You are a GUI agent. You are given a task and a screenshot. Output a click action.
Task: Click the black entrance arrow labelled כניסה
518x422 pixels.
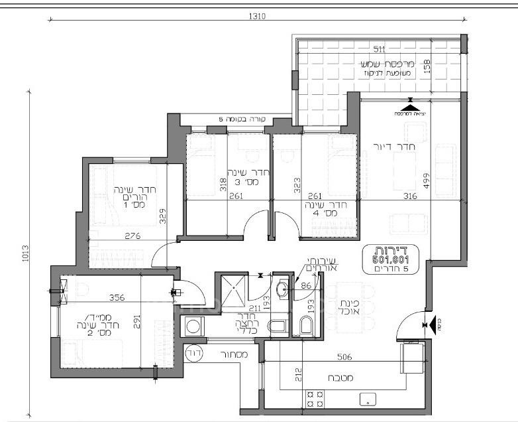(x=438, y=324)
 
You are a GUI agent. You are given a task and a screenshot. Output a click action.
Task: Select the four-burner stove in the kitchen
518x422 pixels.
(x=315, y=399)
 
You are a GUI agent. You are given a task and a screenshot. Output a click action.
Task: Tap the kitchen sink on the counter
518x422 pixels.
(x=366, y=399)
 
